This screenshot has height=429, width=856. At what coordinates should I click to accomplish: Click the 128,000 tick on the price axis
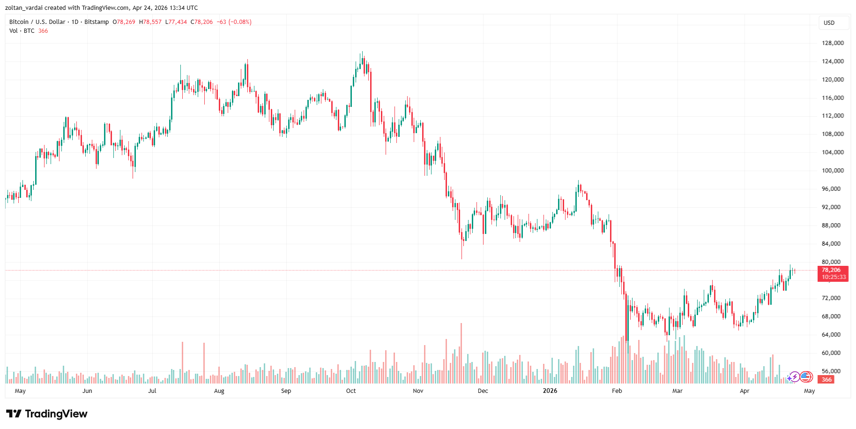pyautogui.click(x=833, y=43)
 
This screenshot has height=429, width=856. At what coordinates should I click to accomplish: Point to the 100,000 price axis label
pyautogui.click(x=833, y=171)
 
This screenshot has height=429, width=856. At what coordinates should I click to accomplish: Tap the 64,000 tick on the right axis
pyautogui.click(x=831, y=335)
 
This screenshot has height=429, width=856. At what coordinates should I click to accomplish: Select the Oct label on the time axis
pyautogui.click(x=351, y=391)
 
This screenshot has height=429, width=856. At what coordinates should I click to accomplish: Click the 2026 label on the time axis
pyautogui.click(x=550, y=391)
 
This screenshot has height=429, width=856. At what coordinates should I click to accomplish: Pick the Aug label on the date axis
pyautogui.click(x=219, y=391)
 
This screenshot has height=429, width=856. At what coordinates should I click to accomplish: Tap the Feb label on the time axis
pyautogui.click(x=617, y=391)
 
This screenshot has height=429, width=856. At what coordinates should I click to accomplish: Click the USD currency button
pyautogui.click(x=829, y=23)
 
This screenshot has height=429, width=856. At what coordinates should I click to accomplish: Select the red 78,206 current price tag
pyautogui.click(x=831, y=270)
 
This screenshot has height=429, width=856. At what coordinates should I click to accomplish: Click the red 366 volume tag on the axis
pyautogui.click(x=827, y=380)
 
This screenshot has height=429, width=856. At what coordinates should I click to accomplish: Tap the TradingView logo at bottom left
pyautogui.click(x=47, y=414)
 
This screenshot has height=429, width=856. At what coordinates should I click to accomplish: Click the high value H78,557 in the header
pyautogui.click(x=150, y=22)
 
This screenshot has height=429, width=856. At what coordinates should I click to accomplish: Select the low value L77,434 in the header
pyautogui.click(x=176, y=22)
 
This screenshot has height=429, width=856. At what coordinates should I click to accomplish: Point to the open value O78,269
pyautogui.click(x=124, y=22)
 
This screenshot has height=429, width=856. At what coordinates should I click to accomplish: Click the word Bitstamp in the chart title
pyautogui.click(x=97, y=22)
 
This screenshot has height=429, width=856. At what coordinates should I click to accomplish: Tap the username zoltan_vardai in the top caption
pyautogui.click(x=24, y=8)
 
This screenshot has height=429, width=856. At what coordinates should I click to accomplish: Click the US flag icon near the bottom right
pyautogui.click(x=806, y=376)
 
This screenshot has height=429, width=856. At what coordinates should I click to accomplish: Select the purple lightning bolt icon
pyautogui.click(x=794, y=377)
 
